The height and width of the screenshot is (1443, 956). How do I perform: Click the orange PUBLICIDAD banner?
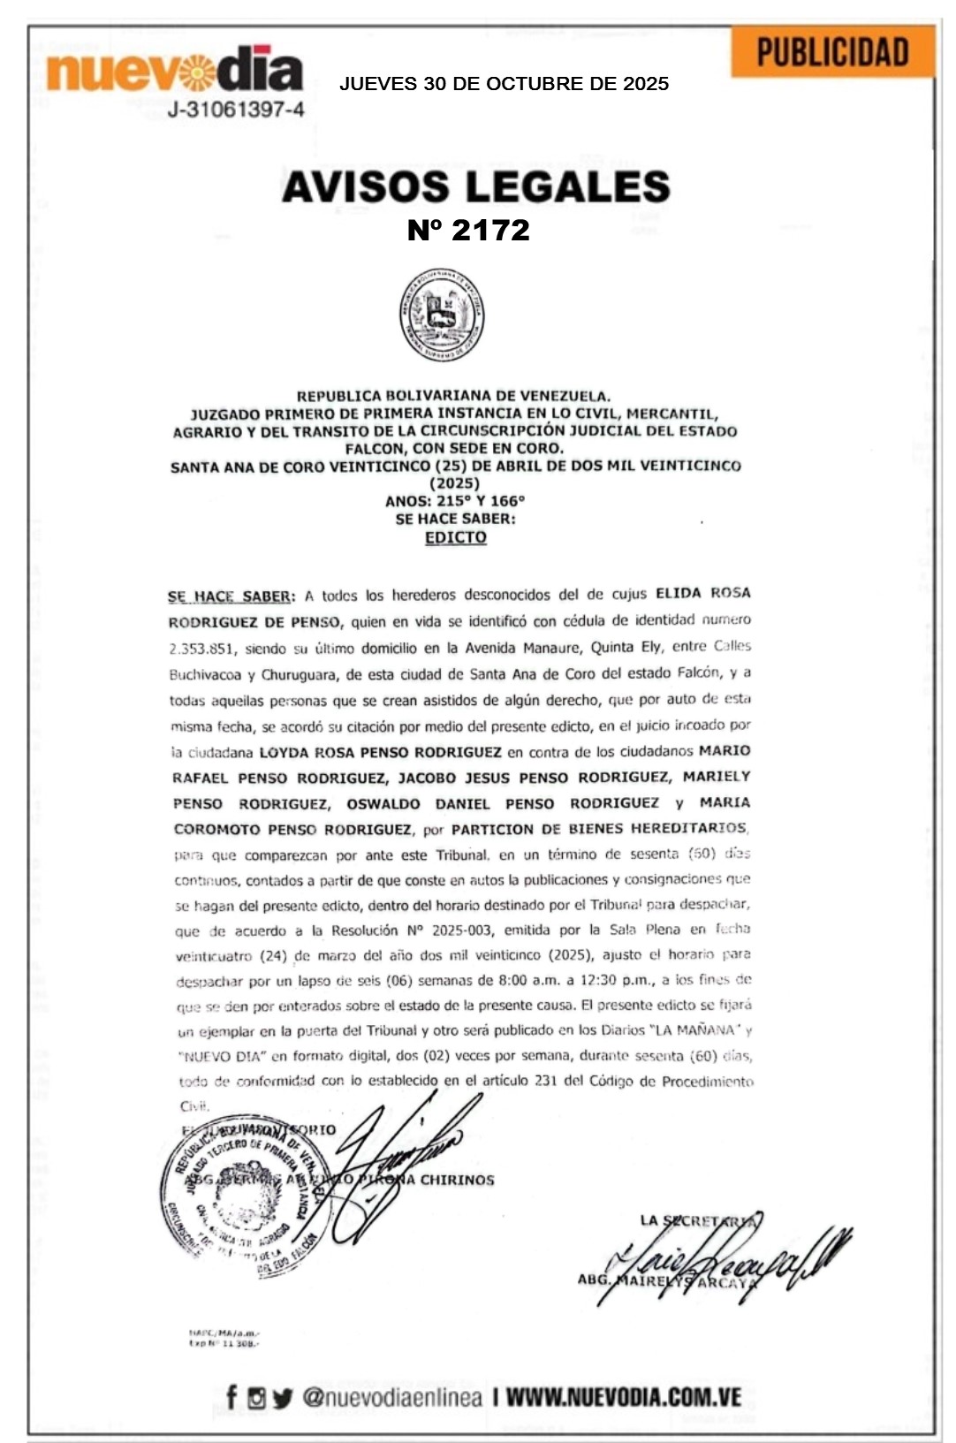click(832, 52)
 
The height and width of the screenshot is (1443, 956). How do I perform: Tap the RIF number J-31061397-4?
click(236, 110)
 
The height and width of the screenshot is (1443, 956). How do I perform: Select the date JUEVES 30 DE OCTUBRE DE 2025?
click(504, 84)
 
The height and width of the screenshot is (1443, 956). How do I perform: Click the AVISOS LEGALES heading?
click(476, 186)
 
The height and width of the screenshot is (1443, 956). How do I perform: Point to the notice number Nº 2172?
click(468, 230)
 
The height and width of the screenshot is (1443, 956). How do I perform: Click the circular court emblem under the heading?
click(441, 315)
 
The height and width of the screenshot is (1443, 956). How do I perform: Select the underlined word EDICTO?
click(455, 537)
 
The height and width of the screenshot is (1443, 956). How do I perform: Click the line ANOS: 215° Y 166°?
click(455, 501)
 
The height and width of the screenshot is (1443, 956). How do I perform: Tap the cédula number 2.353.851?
click(201, 649)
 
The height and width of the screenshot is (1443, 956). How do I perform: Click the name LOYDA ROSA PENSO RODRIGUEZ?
click(380, 752)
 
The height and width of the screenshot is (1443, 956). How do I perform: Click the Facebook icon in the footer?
click(231, 1397)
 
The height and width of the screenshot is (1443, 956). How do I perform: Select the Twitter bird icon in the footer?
click(282, 1398)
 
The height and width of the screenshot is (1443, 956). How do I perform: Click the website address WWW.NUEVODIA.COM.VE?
click(623, 1397)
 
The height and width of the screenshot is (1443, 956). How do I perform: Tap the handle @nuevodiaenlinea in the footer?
click(392, 1397)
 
